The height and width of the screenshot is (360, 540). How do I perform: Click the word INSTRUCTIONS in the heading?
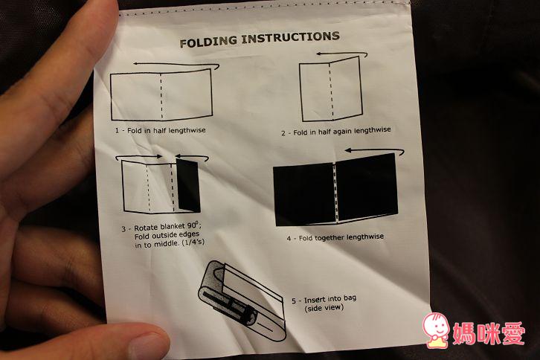pos(291,37)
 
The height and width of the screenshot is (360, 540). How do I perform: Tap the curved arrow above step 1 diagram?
pos(176,65)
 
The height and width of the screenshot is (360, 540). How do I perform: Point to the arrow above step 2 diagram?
pos(341,54)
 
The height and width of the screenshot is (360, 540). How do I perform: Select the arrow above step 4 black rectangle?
pos(374,151)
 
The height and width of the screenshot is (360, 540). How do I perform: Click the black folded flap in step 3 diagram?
pos(188,186)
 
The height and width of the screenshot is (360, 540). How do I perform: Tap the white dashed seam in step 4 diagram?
pos(335,192)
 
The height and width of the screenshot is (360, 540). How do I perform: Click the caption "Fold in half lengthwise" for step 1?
pos(167,131)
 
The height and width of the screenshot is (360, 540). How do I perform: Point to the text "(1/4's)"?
pos(193,242)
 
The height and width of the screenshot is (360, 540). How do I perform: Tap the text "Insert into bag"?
pos(330,299)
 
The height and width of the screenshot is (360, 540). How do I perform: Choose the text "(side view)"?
pos(324,308)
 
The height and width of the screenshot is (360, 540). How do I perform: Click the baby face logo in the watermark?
pos(436,330)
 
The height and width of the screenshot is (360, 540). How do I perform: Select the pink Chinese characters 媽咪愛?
pos(489,333)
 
